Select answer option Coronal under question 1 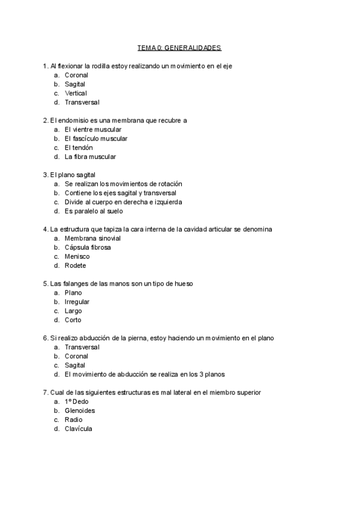click(x=76, y=75)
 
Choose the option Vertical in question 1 click(x=76, y=93)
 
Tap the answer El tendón click(x=79, y=148)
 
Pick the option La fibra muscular click(x=90, y=157)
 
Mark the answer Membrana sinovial click(x=92, y=238)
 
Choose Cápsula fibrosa click(x=88, y=247)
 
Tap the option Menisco click(x=77, y=256)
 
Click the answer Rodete click(x=76, y=265)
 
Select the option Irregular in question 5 click(x=77, y=302)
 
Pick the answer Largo click(x=73, y=311)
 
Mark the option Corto click(x=73, y=320)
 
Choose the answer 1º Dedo click(x=76, y=402)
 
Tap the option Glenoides click(x=80, y=411)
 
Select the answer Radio click(x=73, y=420)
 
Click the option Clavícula click(x=78, y=429)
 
